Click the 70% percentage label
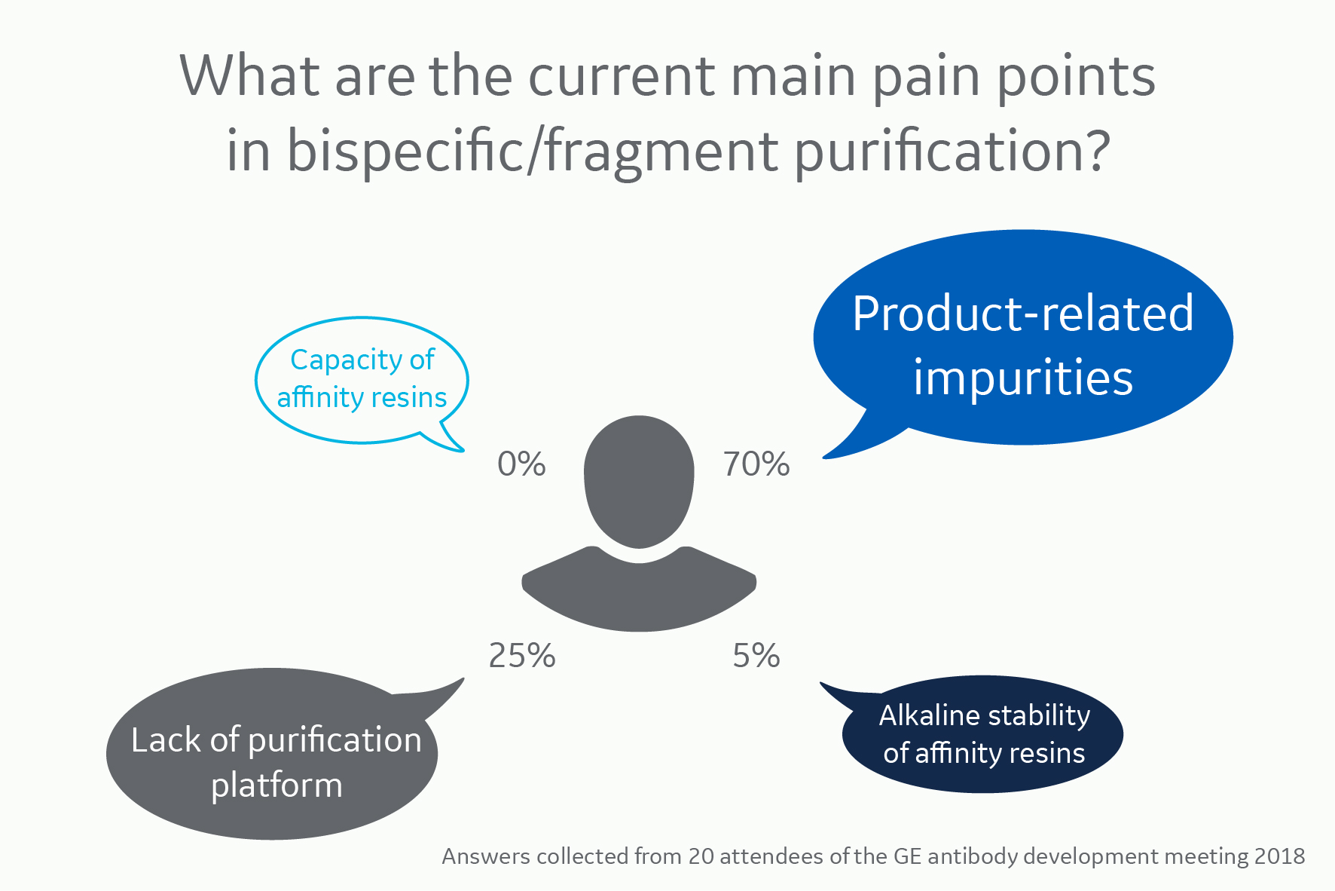[756, 464]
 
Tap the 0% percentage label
[521, 464]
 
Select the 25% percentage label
[522, 656]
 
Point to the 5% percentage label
[756, 656]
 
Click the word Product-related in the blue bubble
[1023, 314]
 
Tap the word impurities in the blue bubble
[1023, 378]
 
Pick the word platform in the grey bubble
[276, 786]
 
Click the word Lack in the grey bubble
[166, 740]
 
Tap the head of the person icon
[639, 479]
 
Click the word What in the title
[251, 76]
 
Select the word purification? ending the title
[952, 151]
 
